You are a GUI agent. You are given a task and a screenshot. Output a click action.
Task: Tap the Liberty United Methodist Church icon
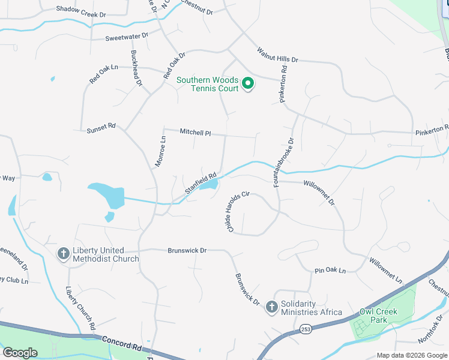click(63, 254)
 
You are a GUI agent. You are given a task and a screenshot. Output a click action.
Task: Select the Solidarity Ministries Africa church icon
click(271, 307)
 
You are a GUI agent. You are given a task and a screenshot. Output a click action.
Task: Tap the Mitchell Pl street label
click(196, 132)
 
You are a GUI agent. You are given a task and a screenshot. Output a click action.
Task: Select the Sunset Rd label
click(100, 129)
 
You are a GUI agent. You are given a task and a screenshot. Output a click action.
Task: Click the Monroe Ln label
click(160, 151)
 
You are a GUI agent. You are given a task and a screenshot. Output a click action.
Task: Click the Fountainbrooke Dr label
click(284, 163)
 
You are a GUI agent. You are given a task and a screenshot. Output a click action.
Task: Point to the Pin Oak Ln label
click(330, 271)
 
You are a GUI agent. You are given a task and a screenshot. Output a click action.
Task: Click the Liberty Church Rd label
click(80, 308)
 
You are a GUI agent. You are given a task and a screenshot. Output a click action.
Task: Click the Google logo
click(20, 353)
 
